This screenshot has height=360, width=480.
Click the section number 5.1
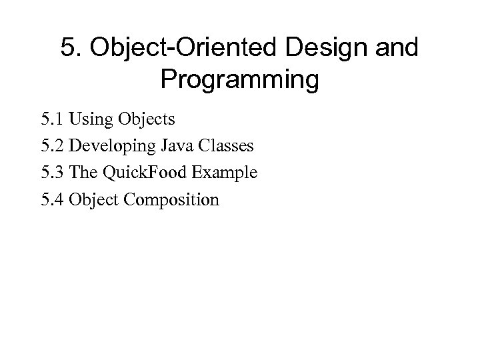pos(52,119)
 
